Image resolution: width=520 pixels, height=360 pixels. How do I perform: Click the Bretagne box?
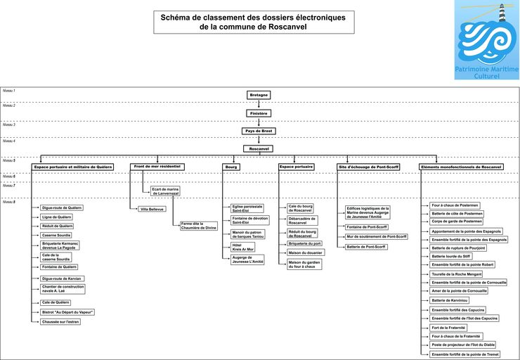pos(259,94)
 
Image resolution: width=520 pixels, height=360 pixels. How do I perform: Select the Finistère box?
pos(259,112)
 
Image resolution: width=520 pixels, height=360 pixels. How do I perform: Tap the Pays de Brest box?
pos(259,131)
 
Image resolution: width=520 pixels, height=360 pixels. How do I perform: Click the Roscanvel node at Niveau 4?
pos(259,148)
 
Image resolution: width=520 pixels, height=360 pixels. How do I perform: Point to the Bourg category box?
pos(231,167)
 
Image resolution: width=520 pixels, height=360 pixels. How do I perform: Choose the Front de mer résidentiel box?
pos(157,167)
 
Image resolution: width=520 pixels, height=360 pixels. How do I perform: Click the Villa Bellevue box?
pos(152,209)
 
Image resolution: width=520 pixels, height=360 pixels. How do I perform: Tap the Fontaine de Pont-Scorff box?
pos(367,227)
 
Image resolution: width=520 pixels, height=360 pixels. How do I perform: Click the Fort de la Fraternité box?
pos(450,328)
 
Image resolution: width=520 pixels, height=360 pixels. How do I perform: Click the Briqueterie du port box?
pos(305,243)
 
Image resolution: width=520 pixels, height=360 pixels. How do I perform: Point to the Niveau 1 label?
pos(9,91)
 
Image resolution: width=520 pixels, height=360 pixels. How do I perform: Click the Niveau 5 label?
pos(9,160)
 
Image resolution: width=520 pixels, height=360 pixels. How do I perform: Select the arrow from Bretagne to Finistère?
pos(259,103)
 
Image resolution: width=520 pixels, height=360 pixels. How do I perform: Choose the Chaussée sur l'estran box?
pos(62,321)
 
